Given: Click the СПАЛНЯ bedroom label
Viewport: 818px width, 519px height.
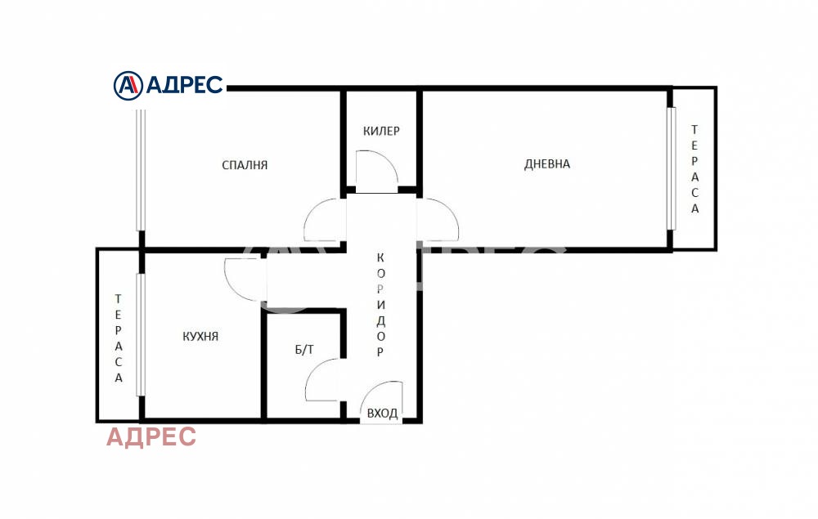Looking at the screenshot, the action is point(245,165).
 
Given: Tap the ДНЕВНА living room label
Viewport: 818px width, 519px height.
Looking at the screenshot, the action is point(546,164).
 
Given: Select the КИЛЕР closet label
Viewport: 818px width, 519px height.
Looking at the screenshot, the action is point(381,131).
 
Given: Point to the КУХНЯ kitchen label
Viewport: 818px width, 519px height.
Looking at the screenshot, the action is point(200,337).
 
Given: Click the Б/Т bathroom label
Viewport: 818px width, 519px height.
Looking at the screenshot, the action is point(304,349).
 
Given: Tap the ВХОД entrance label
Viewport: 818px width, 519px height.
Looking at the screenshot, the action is point(382,414).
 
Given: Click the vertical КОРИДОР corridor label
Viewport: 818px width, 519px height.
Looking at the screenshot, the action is point(380,304).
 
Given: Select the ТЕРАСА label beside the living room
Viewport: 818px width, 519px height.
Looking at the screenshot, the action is point(694,169).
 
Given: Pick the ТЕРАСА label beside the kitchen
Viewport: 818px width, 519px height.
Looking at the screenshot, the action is point(119,338).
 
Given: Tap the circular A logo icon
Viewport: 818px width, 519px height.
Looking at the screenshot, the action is point(128,86).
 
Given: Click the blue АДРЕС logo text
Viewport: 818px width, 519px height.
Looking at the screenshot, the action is point(184,85).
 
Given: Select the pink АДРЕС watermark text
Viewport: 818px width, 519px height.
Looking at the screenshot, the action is point(151,436).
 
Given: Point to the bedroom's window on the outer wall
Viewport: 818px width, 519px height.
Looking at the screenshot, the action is point(141,170).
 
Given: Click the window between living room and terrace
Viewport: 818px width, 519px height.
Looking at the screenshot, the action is point(672,168).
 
